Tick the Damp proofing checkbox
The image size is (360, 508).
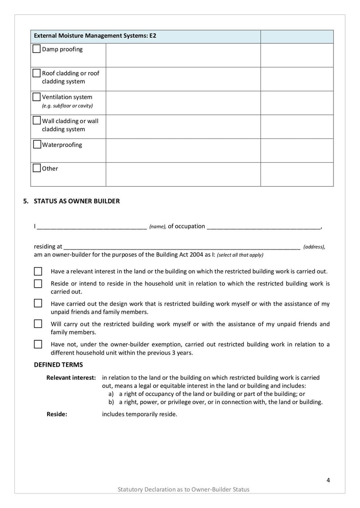click(36, 49)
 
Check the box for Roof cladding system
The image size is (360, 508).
click(36, 72)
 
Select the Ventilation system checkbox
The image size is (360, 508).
click(36, 96)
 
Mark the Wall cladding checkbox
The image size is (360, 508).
click(36, 120)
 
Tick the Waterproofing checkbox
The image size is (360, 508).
click(36, 144)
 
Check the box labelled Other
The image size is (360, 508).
click(36, 168)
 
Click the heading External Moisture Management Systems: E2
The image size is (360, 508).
click(95, 36)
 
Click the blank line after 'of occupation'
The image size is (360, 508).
click(263, 227)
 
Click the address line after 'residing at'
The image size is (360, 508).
click(182, 247)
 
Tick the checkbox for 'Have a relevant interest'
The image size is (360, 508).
click(38, 272)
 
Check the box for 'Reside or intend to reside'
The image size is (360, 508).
click(38, 284)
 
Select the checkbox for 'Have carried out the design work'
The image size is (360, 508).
click(38, 303)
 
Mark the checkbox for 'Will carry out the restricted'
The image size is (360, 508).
click(38, 324)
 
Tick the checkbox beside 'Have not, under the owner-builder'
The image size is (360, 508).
click(38, 344)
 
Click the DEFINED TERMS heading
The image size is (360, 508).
click(58, 365)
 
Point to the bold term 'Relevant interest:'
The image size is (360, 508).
click(71, 378)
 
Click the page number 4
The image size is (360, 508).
click(328, 480)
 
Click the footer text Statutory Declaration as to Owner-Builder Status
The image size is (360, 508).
click(183, 489)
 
